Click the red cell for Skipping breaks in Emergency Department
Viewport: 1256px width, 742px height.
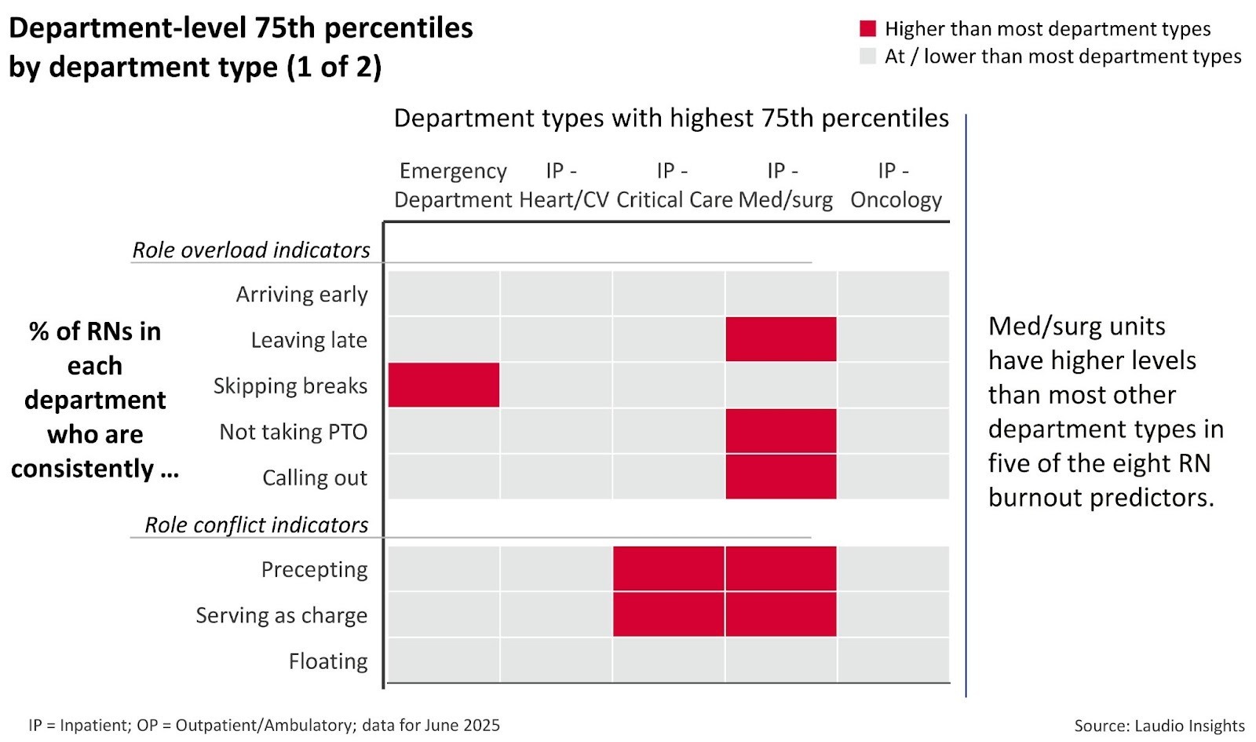(444, 385)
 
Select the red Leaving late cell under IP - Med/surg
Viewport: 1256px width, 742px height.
(780, 339)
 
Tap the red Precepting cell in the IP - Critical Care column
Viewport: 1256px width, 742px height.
(668, 568)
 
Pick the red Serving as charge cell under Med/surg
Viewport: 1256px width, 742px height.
(780, 614)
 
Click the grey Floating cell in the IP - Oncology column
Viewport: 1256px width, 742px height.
(893, 660)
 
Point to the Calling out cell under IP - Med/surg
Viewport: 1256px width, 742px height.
(780, 477)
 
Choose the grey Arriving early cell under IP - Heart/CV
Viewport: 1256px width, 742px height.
(556, 293)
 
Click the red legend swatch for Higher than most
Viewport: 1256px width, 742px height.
(867, 29)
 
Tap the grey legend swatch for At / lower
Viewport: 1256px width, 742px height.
(867, 57)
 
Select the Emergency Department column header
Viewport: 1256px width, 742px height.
(453, 185)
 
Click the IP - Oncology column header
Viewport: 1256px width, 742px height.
(895, 185)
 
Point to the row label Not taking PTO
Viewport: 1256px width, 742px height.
(293, 432)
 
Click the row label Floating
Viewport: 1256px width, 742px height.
(327, 661)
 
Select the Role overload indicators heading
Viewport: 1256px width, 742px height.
(251, 250)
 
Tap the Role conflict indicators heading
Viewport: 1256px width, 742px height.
(256, 525)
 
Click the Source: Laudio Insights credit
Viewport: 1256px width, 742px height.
(1159, 726)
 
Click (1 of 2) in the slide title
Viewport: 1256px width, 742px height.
(334, 67)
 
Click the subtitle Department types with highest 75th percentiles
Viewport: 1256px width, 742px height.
(671, 118)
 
